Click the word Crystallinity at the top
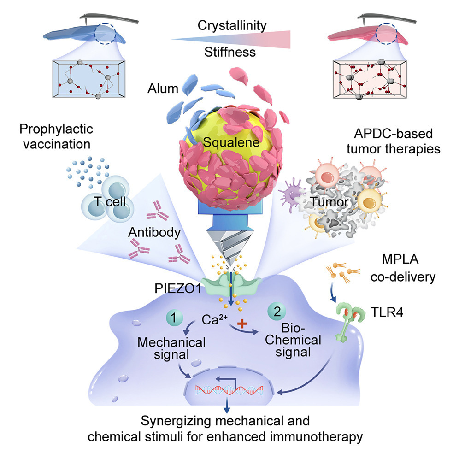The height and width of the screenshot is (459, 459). pyautogui.click(x=231, y=25)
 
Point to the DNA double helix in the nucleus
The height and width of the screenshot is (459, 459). pyautogui.click(x=229, y=391)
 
